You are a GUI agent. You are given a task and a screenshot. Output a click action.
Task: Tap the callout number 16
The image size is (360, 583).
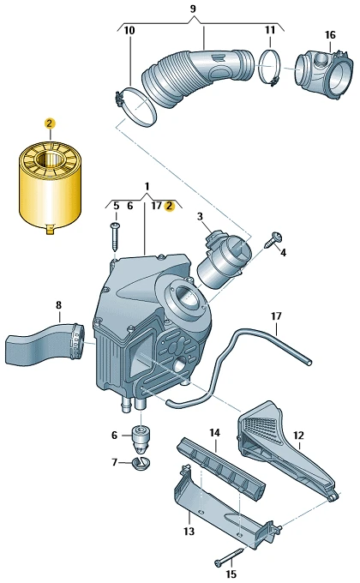coord(330,35)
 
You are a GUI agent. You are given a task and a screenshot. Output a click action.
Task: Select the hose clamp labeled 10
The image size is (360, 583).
coord(135,106)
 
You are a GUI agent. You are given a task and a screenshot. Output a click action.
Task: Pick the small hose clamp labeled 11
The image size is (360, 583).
coord(270,67)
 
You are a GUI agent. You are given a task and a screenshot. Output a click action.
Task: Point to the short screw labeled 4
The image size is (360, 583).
coord(273,240)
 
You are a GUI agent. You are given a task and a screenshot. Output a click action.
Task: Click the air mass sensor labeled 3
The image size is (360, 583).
coord(224,261)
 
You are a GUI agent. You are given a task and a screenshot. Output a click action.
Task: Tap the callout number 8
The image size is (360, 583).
coord(59,305)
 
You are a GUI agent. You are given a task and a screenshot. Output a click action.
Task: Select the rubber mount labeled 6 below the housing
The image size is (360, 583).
coord(141,438)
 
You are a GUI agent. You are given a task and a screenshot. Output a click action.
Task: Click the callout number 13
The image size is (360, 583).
coord(189,531)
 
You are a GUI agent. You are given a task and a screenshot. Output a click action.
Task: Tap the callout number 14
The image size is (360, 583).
coord(214,433)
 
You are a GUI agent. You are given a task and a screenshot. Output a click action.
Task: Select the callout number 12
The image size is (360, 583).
coord(298,436)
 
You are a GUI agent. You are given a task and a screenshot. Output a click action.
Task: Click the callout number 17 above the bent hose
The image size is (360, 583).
coord(276,316)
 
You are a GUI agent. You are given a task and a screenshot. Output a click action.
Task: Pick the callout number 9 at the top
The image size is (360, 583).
coord(193,9)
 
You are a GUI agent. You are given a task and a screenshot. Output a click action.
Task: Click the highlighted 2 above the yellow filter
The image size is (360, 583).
coord(50,123)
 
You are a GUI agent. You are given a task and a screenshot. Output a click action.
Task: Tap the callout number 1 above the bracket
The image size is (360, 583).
coord(147,186)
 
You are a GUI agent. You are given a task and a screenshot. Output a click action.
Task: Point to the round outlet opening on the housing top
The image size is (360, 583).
coord(185,297)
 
